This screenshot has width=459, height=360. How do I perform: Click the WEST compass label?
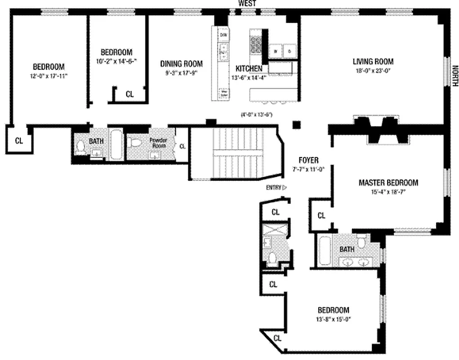coord(247,4)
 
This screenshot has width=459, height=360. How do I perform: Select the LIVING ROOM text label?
coord(373,62)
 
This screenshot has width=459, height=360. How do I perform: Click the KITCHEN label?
coord(249,68)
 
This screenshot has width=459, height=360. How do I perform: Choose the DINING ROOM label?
coord(181,64)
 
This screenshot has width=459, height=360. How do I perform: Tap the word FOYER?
coord(308,160)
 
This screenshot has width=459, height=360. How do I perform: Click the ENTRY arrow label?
coord(276,188)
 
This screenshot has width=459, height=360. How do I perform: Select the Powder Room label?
coord(158,143)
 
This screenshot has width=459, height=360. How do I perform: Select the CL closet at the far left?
coord(18,140)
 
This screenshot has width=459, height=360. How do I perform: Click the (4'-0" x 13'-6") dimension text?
coord(257,114)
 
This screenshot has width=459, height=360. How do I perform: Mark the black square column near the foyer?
coord(296,125)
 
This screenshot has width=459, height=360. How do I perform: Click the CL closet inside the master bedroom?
coord(321,216)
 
